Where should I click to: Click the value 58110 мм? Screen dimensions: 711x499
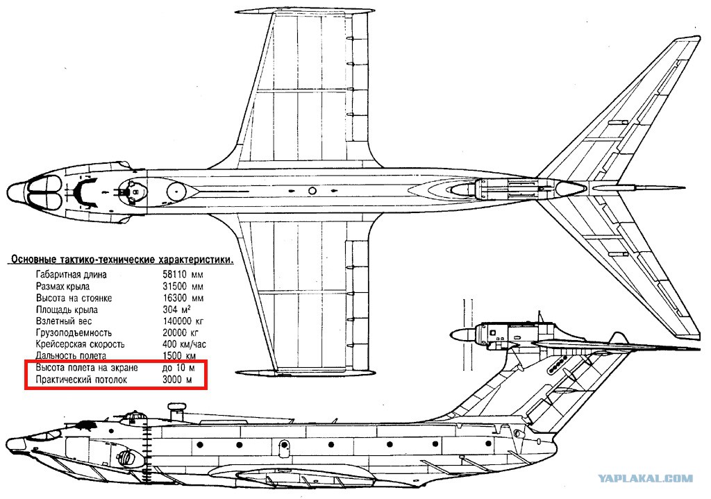[183, 275]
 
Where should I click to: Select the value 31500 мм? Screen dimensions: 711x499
[183, 287]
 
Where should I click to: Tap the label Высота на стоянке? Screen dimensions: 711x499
[74, 298]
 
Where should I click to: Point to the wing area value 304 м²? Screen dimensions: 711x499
[176, 310]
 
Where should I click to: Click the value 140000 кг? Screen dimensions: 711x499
[183, 321]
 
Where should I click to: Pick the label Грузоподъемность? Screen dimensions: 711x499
[74, 333]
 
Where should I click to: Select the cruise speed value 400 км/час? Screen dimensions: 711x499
[184, 344]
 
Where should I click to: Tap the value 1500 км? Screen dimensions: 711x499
[179, 356]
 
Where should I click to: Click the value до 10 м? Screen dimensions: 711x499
[178, 368]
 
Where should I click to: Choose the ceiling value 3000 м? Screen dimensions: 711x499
[177, 380]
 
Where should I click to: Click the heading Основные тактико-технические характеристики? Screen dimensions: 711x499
[122, 260]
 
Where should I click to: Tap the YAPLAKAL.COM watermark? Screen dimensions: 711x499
[645, 478]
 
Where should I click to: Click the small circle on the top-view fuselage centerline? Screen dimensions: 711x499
[312, 191]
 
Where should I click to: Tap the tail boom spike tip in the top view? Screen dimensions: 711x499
[684, 187]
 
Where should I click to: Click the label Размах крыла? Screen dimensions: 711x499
[62, 287]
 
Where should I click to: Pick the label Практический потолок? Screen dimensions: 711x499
[81, 380]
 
